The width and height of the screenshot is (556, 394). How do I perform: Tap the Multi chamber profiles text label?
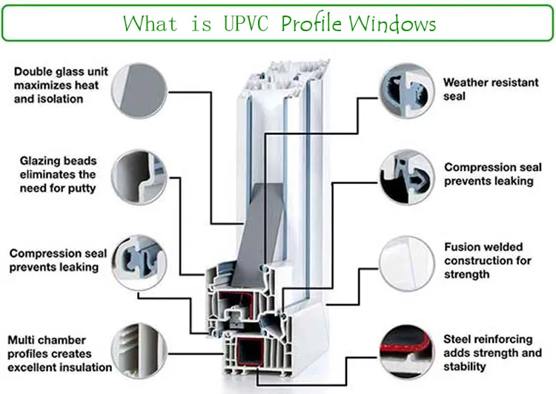point(59,353)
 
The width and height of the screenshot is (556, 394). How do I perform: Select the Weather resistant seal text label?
point(490,89)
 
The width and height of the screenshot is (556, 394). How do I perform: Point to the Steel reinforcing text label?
point(492,353)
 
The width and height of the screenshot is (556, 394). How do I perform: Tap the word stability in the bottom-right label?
point(465,367)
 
